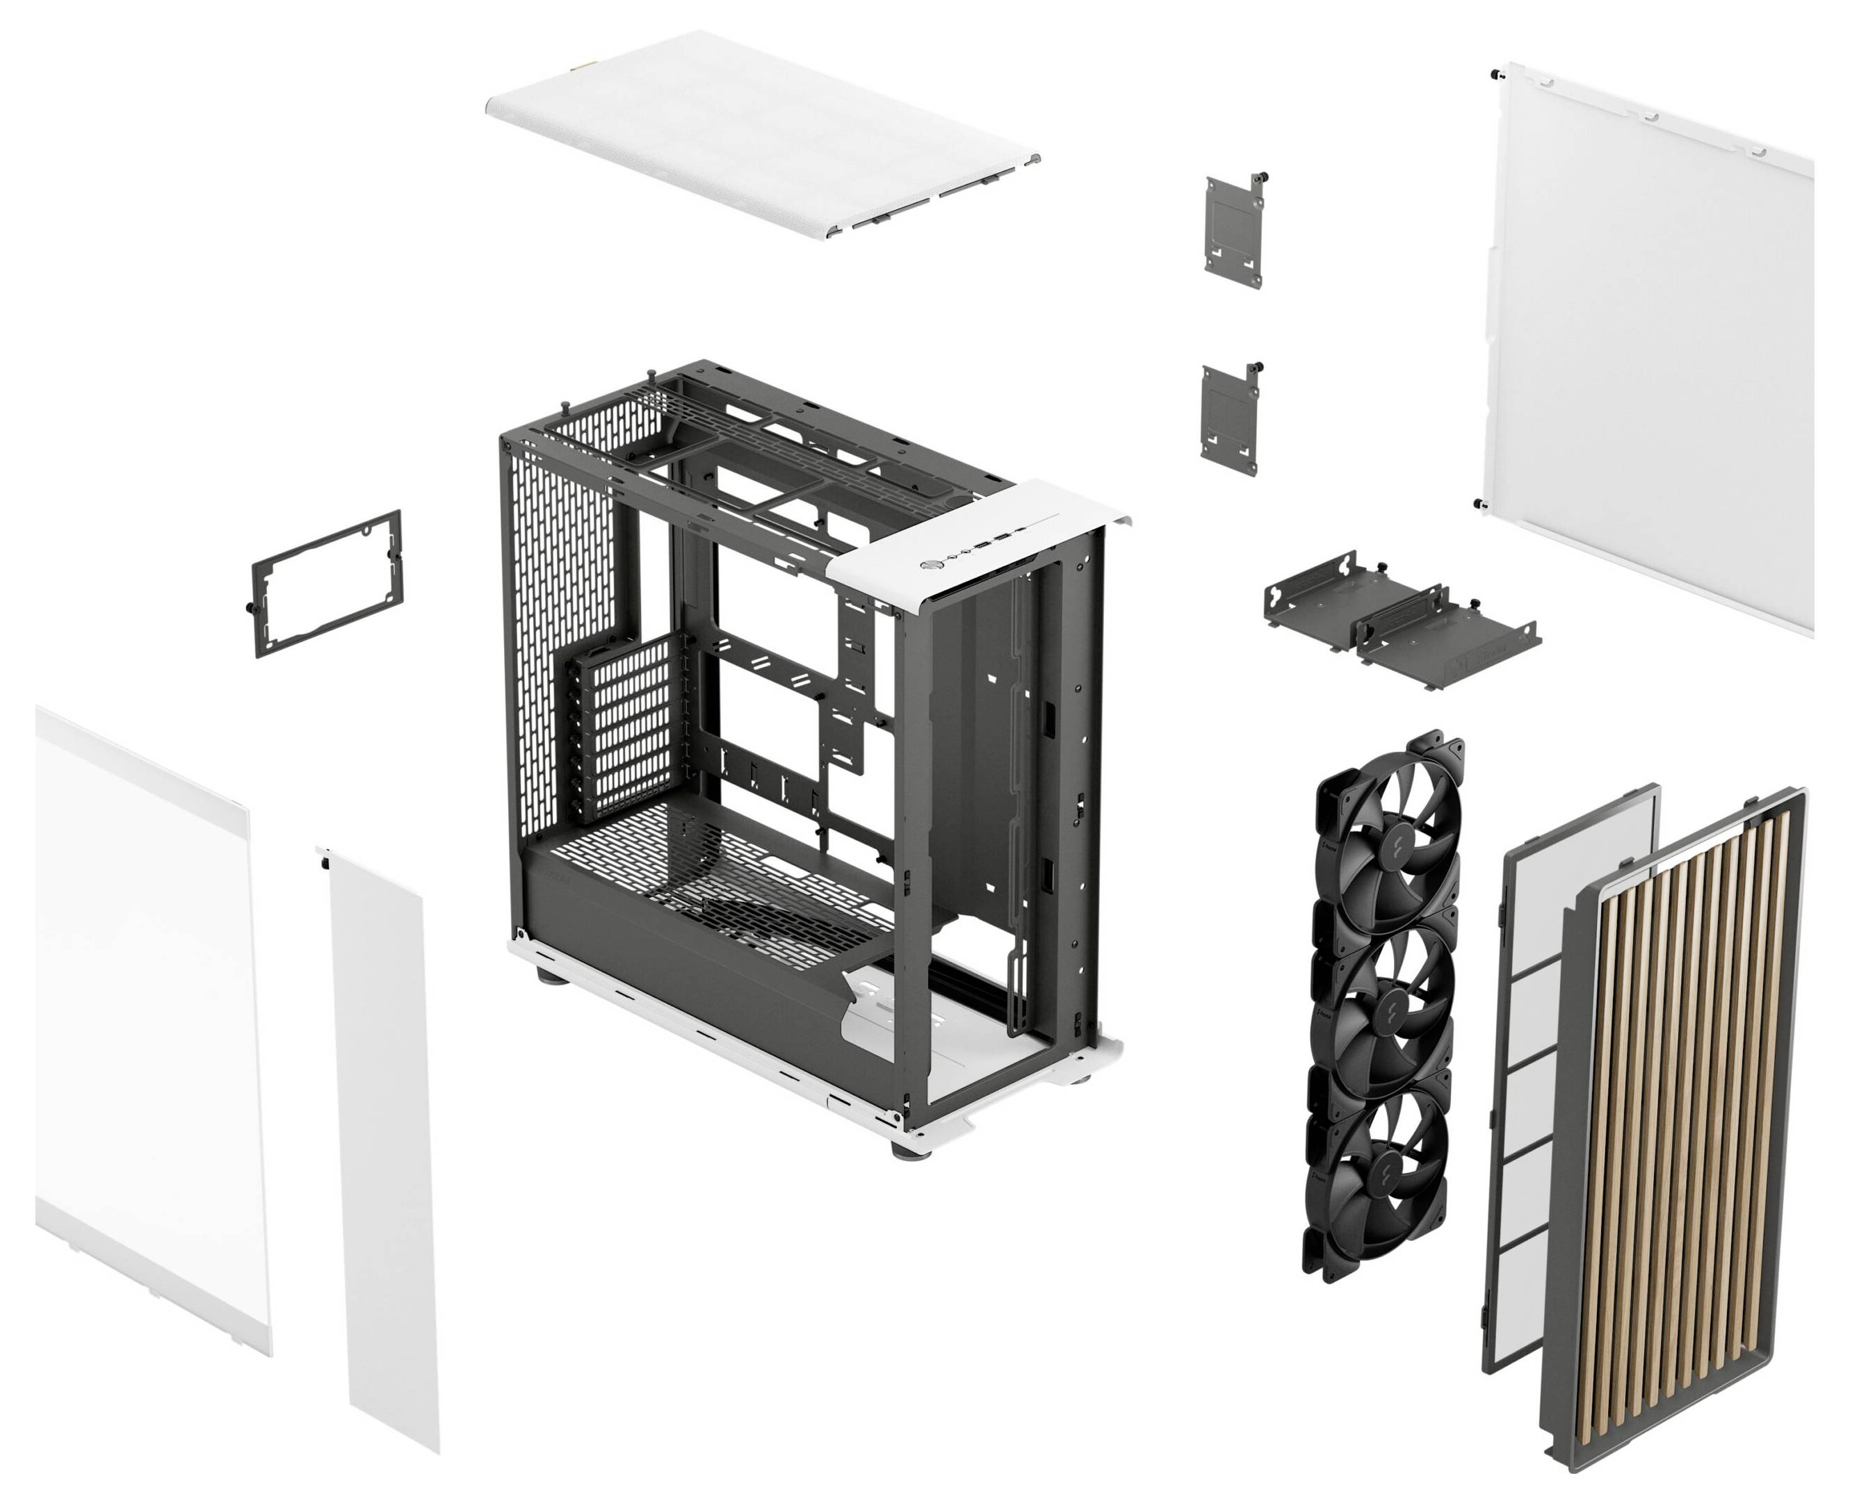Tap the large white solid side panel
coord(1646,346)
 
